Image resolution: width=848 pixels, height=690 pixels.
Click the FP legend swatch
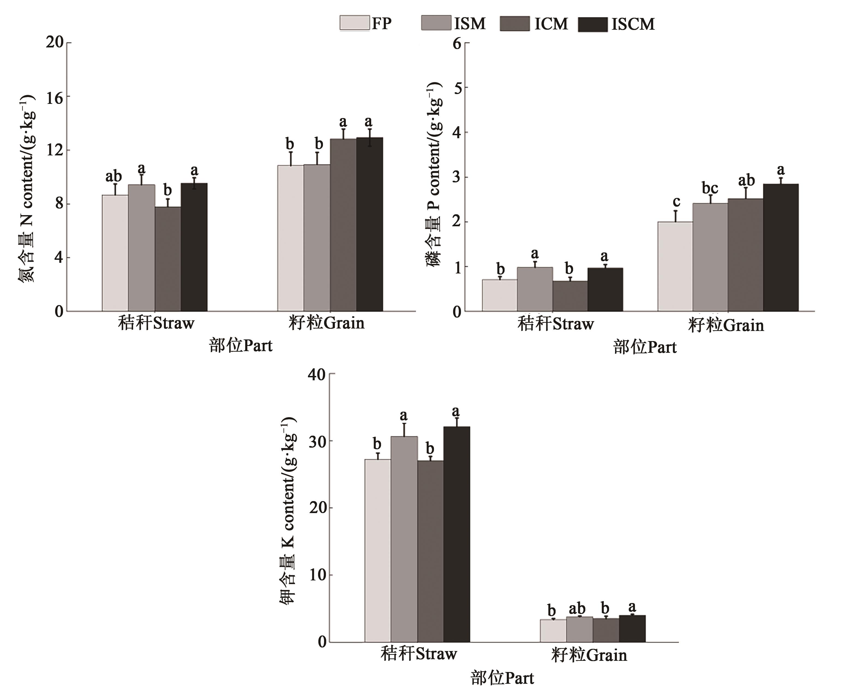click(354, 23)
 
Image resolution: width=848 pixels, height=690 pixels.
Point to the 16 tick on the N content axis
click(55, 97)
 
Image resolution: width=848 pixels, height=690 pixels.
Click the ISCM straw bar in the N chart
click(194, 247)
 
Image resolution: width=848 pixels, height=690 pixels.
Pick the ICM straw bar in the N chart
click(168, 259)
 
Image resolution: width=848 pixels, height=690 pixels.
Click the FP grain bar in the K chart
click(553, 630)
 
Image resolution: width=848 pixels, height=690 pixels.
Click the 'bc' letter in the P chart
click(710, 188)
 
